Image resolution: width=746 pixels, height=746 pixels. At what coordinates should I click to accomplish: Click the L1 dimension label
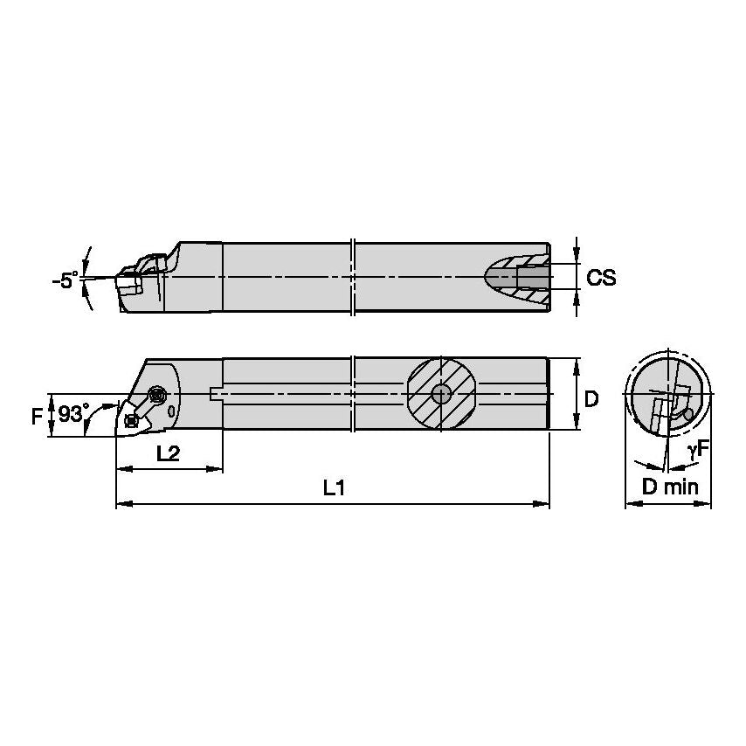click(x=333, y=489)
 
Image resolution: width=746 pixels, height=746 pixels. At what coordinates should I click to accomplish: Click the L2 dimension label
click(x=168, y=454)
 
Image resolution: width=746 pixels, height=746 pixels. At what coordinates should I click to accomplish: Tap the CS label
click(x=601, y=278)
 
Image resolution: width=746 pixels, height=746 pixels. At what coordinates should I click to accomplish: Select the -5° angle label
click(x=64, y=281)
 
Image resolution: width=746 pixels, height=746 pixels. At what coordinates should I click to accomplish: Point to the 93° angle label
click(x=74, y=412)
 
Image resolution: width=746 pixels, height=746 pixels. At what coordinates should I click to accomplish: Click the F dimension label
click(x=36, y=415)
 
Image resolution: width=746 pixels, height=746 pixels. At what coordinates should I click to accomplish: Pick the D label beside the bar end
click(x=591, y=399)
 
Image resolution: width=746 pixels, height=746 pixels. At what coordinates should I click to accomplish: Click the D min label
click(x=670, y=487)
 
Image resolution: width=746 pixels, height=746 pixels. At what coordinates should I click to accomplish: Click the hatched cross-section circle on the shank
click(x=442, y=393)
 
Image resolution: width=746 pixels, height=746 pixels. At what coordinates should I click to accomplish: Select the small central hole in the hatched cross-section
click(x=442, y=393)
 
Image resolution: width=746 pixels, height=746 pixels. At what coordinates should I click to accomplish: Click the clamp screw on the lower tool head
click(x=158, y=395)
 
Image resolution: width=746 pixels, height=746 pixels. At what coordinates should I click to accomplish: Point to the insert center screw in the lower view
click(x=132, y=420)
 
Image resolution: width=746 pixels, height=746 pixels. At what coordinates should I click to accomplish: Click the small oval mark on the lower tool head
click(x=171, y=410)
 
